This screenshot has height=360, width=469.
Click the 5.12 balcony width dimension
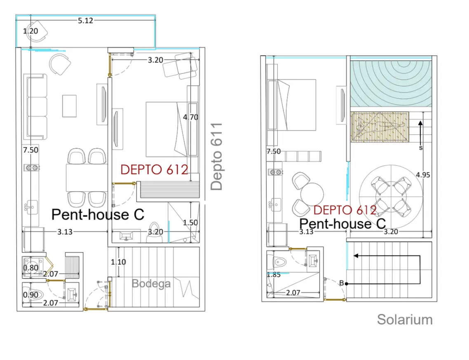(86, 21)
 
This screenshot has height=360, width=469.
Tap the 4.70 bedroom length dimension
(190, 117)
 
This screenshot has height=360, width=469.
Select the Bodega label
(151, 283)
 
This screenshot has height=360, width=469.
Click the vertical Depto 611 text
(216, 157)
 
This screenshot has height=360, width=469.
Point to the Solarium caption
(405, 320)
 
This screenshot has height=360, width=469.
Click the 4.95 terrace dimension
(423, 175)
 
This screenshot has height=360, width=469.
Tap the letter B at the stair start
(341, 283)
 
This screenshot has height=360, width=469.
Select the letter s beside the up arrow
(420, 148)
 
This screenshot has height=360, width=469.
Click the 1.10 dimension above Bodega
(118, 262)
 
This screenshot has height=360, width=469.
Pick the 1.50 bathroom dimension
(190, 222)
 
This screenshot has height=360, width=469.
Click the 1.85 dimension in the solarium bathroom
(274, 275)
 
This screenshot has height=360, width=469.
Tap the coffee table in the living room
(69, 106)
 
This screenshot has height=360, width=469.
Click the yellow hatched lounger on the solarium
(380, 127)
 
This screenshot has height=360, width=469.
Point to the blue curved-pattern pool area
(391, 84)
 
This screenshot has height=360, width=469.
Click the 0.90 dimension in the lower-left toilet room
(30, 295)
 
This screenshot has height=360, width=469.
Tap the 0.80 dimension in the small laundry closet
(30, 268)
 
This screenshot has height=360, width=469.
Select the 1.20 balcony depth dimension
(30, 31)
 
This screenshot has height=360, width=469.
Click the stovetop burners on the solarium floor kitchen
(276, 172)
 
